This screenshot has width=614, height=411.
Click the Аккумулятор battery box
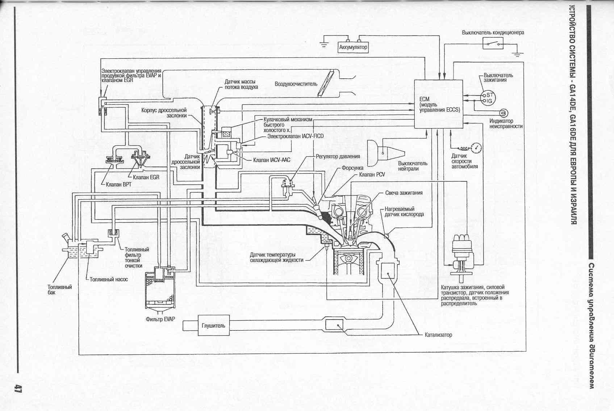pos(353,47)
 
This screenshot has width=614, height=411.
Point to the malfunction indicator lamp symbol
pos(503,113)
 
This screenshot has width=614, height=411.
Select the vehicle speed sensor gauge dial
pos(477,147)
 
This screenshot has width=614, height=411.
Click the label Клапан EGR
pos(146,177)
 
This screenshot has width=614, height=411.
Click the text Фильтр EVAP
pos(160,319)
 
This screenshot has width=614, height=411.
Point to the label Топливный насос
pos(109,279)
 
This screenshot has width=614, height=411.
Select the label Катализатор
pos(438,335)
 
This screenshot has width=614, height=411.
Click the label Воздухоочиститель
pos(296,84)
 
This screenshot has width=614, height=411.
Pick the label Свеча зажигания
pos(404,193)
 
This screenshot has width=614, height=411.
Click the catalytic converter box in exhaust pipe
pos(334,324)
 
